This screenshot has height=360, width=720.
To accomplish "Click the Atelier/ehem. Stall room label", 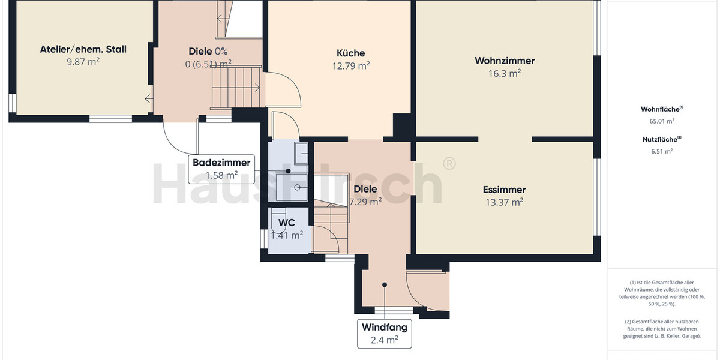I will (83, 49).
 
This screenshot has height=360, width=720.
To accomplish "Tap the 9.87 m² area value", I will (83, 61).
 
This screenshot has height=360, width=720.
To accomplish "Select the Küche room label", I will (351, 53).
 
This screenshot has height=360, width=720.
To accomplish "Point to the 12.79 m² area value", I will (351, 66).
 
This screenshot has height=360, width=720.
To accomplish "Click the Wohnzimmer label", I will (505, 61).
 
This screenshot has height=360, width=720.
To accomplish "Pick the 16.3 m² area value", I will (505, 73).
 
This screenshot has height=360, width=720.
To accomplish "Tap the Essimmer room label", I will (504, 190).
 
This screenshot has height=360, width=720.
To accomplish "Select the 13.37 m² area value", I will (504, 202).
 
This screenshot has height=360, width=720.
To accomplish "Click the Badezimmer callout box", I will (221, 169).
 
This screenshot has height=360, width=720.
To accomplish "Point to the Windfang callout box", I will (385, 334).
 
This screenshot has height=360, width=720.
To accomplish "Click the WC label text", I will (286, 222).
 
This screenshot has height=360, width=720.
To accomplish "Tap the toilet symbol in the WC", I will (278, 223).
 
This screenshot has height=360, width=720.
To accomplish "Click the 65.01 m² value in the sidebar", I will (662, 121).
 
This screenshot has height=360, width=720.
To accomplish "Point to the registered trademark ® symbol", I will (448, 163).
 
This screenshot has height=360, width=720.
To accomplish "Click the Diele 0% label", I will (208, 51).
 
